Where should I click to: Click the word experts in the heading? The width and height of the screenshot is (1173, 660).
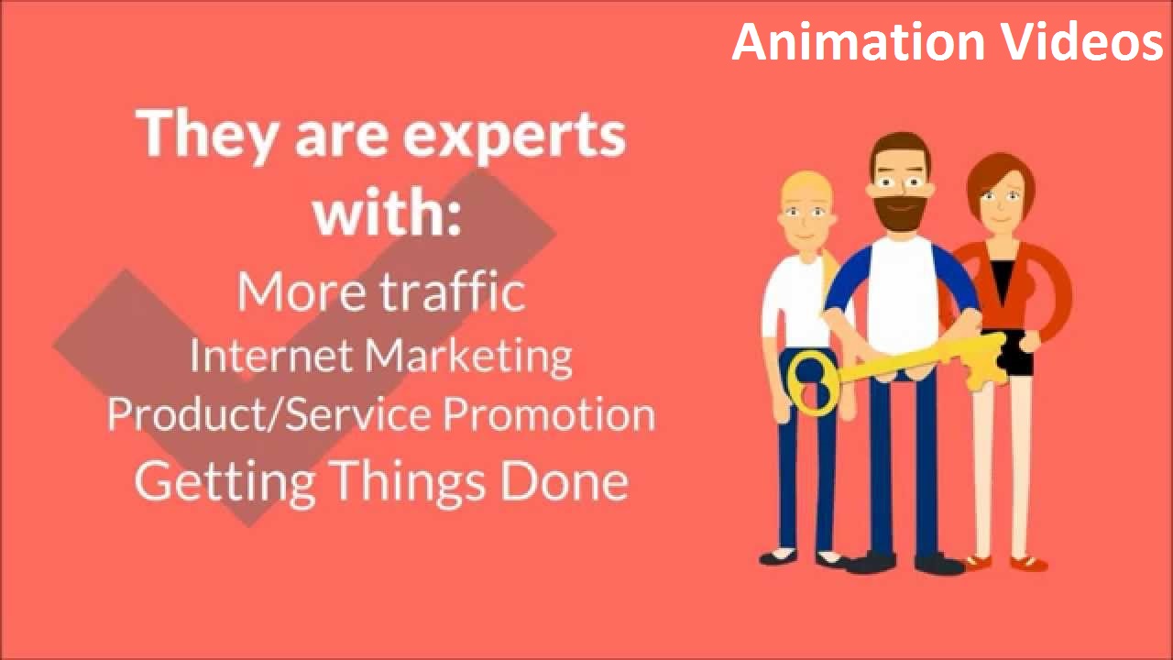pos(515,134)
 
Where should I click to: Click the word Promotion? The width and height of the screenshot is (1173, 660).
pos(549,414)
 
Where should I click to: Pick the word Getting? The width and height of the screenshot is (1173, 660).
pos(225,480)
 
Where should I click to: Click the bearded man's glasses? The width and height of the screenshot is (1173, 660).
pos(899,183)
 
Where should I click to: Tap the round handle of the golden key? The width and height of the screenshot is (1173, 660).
pos(811,381)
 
